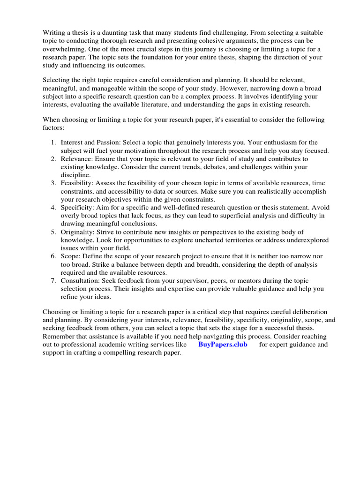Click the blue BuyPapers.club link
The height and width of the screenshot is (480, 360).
223,345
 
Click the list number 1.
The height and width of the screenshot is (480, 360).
54,142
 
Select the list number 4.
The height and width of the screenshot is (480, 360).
54,207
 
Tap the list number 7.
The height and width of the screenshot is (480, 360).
54,281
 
